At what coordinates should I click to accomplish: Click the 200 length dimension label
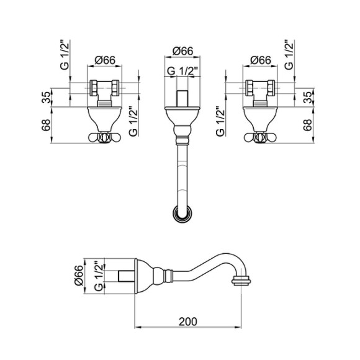(x=188, y=322)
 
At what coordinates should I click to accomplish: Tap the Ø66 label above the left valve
(x=105, y=60)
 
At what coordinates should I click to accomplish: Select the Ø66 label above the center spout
(x=182, y=51)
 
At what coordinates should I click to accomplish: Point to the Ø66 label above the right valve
(x=261, y=60)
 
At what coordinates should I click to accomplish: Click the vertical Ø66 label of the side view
(x=79, y=275)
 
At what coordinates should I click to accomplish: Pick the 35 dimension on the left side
(x=46, y=97)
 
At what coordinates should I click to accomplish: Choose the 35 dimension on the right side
(x=308, y=97)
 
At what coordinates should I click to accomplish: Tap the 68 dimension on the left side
(x=46, y=125)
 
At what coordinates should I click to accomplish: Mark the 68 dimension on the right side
(x=308, y=125)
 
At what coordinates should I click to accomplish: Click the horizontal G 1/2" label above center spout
(x=182, y=71)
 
